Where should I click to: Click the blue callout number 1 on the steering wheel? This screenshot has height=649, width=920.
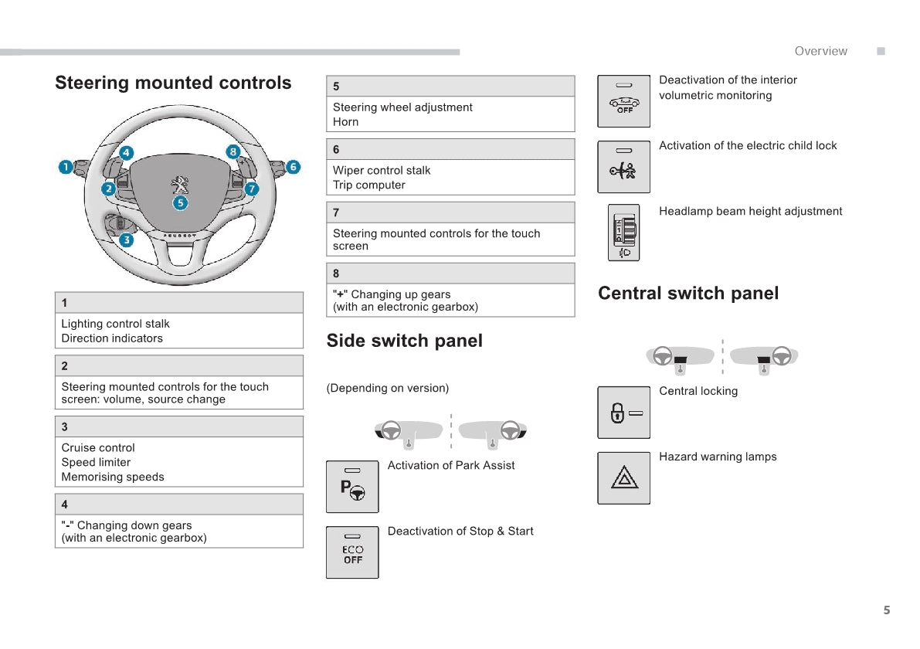[66, 167]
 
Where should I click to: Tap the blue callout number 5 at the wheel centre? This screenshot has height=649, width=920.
[180, 203]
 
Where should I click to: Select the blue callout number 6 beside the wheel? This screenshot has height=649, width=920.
[293, 167]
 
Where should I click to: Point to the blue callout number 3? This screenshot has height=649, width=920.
[127, 240]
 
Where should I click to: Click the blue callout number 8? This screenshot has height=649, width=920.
[233, 152]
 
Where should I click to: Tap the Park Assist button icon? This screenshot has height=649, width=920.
[352, 487]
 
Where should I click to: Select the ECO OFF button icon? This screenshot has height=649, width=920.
[352, 552]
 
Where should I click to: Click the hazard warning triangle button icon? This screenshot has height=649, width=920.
[624, 478]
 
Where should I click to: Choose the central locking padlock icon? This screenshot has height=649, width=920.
[624, 413]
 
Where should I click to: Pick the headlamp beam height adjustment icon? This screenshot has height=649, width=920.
[624, 233]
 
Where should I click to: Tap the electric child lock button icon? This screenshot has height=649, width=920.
[624, 167]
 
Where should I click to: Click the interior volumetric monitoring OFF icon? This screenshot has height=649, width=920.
[624, 101]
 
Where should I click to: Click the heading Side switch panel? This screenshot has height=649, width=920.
[404, 341]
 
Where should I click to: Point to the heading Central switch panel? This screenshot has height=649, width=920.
[688, 293]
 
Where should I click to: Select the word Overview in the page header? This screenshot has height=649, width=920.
[820, 51]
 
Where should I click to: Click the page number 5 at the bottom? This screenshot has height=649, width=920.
[887, 610]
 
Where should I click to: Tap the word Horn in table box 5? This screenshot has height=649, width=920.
[345, 122]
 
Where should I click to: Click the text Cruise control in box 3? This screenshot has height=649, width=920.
[98, 448]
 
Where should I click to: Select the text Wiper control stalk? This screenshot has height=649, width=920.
[382, 171]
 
